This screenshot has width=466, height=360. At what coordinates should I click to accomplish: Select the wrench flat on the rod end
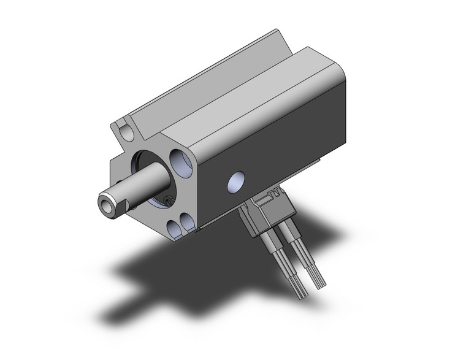click(122, 199)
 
